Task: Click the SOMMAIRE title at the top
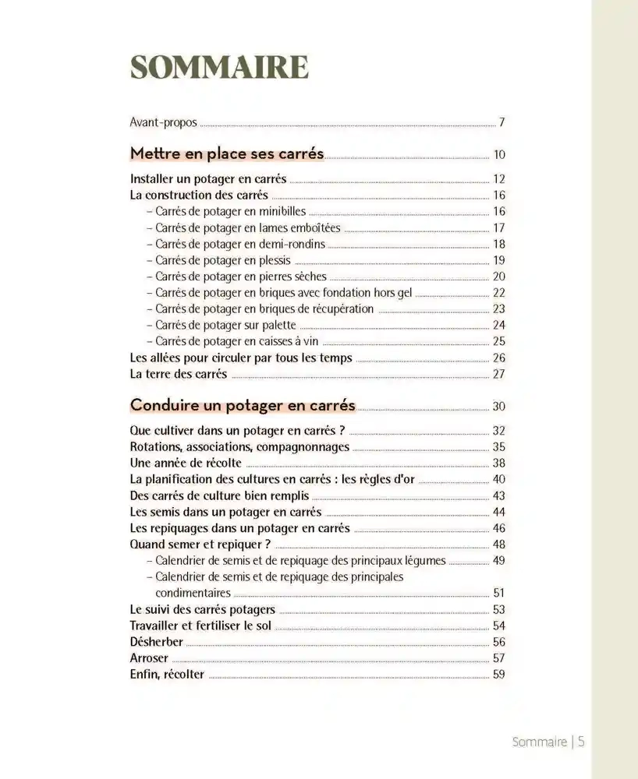point(219,69)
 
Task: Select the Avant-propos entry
point(163,122)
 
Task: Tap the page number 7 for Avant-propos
point(502,122)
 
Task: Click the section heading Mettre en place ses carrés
point(227,153)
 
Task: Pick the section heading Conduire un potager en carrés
point(243,405)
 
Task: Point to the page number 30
point(499,407)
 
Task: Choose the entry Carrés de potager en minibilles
point(230,211)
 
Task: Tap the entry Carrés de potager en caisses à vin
point(237,341)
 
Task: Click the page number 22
point(499,293)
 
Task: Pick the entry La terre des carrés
point(179,374)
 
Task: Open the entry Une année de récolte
point(186,463)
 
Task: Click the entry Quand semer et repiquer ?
point(200,544)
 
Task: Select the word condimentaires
point(193,593)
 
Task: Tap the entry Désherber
point(157,642)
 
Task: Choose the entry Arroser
point(150,658)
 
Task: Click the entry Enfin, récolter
point(167,675)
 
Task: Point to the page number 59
point(499,675)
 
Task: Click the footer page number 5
point(581,742)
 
